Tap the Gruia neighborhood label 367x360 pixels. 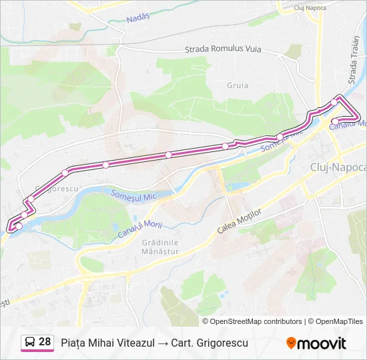pyautogui.click(x=238, y=85)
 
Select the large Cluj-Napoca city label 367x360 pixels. pyautogui.click(x=338, y=167)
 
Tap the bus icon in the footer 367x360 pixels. pyautogui.click(x=30, y=343)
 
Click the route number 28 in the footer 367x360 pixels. pyautogui.click(x=45, y=342)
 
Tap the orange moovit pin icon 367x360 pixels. pyautogui.click(x=291, y=343)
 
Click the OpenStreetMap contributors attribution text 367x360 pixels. pyautogui.click(x=256, y=321)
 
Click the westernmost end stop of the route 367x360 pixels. pyautogui.click(x=18, y=227)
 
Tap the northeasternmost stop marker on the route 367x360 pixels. pyautogui.click(x=334, y=102)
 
